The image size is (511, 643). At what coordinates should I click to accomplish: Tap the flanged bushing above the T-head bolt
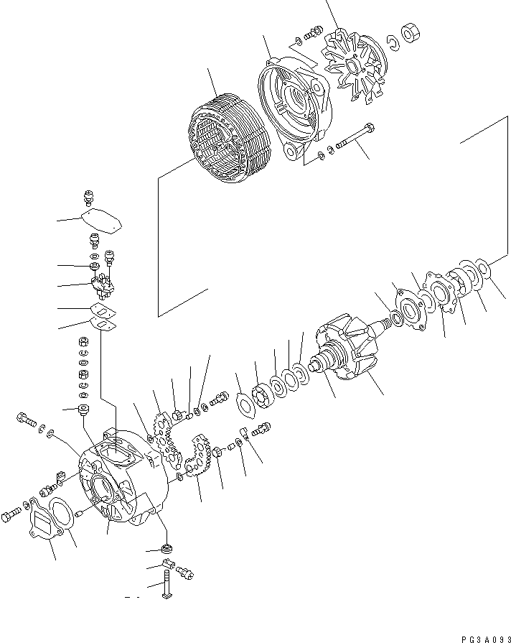[x=167, y=550]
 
